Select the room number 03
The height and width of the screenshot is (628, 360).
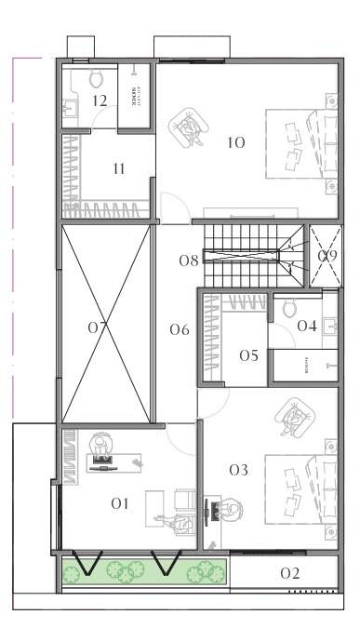(x=238, y=471)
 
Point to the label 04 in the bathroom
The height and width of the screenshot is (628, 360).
(x=307, y=326)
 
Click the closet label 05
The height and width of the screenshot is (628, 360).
(x=248, y=355)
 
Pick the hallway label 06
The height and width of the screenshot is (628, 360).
(x=180, y=329)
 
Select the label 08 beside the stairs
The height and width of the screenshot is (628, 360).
(x=189, y=261)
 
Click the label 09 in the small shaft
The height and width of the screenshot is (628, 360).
(x=327, y=256)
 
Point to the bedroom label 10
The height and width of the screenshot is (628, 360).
(x=235, y=142)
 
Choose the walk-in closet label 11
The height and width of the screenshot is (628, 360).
(x=118, y=168)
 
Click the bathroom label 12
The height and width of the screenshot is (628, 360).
(x=100, y=100)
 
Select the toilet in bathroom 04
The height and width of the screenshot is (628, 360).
(x=288, y=306)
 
